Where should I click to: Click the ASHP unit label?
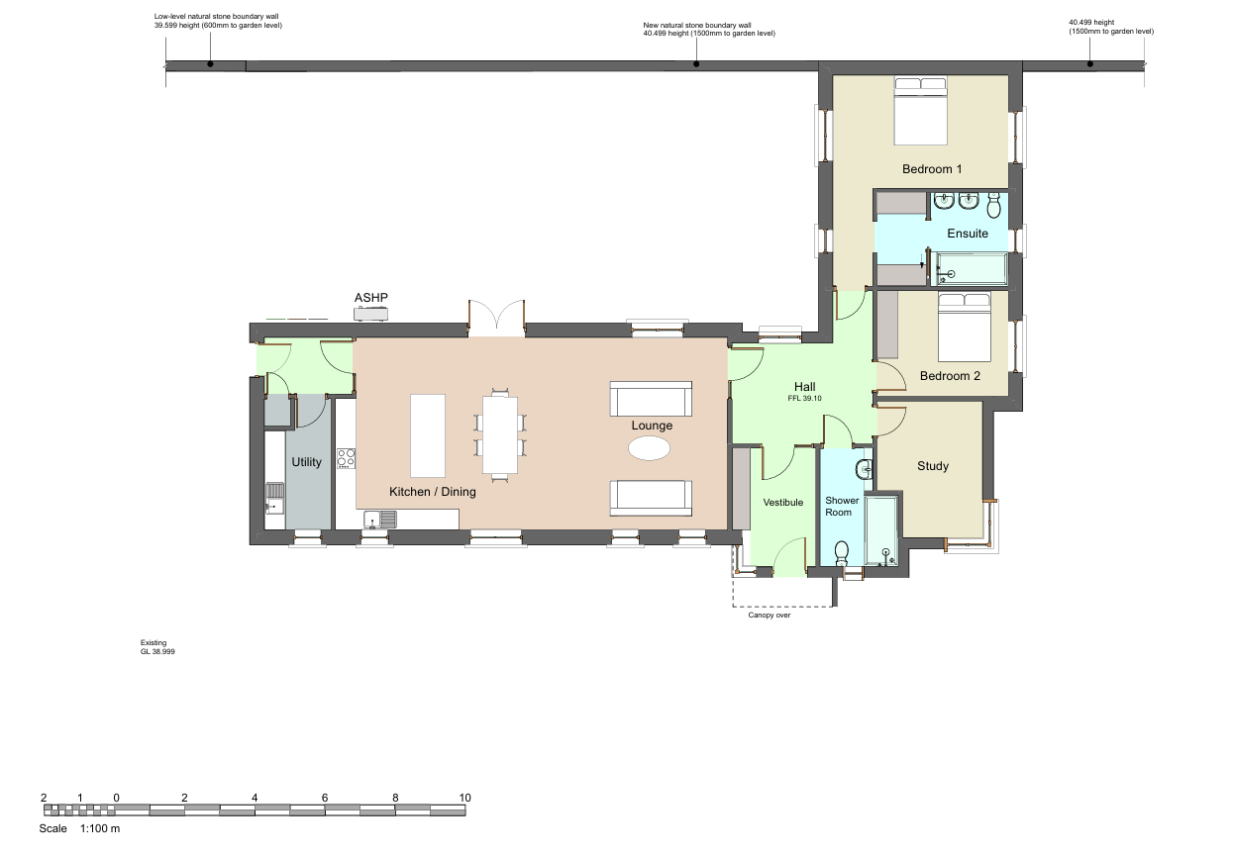tap(371, 298)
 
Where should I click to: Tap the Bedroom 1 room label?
tap(932, 169)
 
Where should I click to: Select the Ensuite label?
tap(968, 234)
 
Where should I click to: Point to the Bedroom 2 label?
tap(950, 376)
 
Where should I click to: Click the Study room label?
tap(933, 466)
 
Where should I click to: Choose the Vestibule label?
tap(782, 502)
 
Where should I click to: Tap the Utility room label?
tap(306, 462)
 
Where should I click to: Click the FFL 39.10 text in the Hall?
tap(804, 398)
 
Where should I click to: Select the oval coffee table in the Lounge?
tap(649, 448)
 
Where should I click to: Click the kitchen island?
tap(428, 435)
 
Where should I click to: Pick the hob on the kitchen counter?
tap(347, 459)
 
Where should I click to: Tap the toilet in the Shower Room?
tap(842, 553)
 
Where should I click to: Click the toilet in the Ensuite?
tap(993, 205)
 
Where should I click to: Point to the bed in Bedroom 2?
tap(965, 328)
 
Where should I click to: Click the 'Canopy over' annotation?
tap(769, 615)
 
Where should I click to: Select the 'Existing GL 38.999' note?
tap(157, 647)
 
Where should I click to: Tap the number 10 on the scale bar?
tap(464, 798)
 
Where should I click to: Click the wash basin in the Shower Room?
tap(864, 470)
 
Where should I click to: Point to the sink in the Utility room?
tap(274, 498)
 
